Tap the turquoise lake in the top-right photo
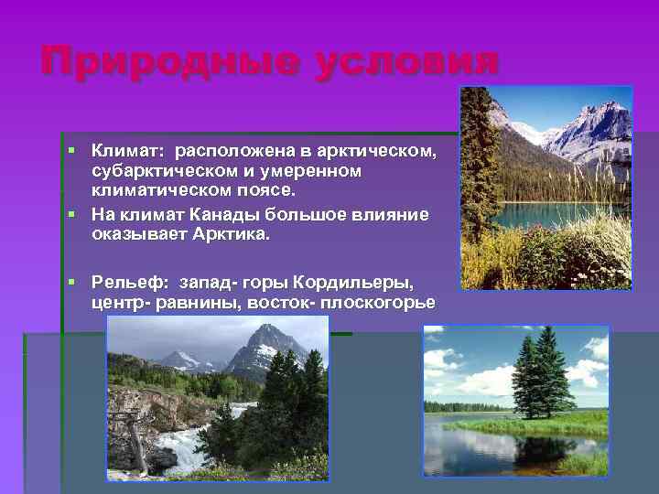click(x=549, y=215)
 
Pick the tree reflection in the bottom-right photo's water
click(x=540, y=453)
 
